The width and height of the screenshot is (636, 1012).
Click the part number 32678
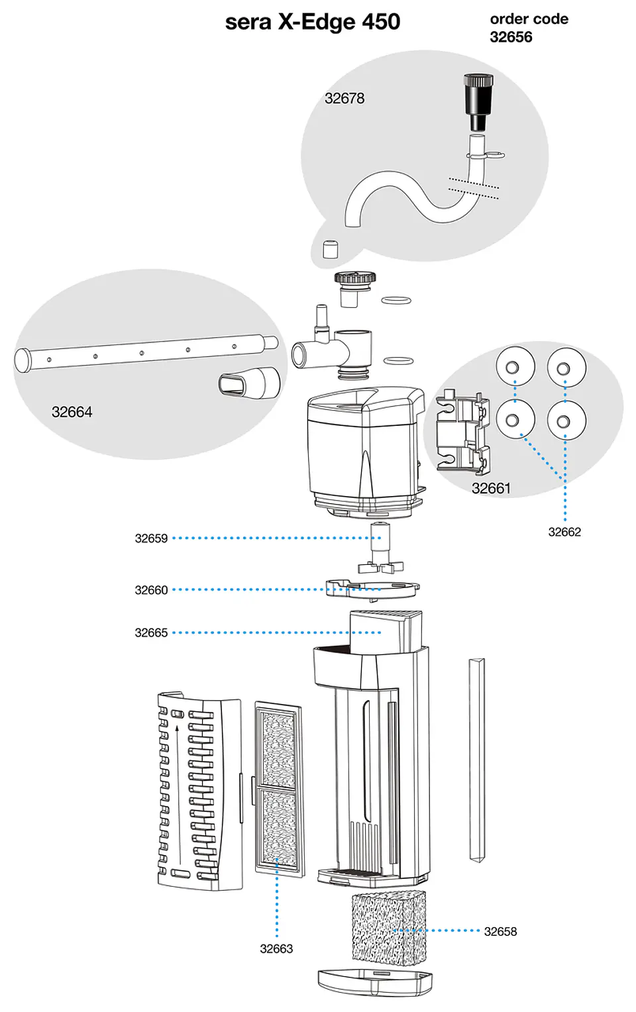pos(344,99)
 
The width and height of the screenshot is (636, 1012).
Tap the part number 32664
pos(72,412)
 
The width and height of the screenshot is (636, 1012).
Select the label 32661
pos(492,488)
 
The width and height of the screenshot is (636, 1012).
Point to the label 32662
pos(564,532)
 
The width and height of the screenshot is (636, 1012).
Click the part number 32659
pos(152,538)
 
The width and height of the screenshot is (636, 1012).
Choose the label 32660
pos(152,590)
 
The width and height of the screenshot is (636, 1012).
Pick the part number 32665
pos(152,633)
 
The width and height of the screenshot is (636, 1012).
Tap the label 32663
pos(277,948)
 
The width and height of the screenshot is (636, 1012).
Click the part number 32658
pos(500,932)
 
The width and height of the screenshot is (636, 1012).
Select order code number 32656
pos(511,37)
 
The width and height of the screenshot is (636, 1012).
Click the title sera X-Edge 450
pos(313,22)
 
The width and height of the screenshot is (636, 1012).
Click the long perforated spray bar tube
pos(146,352)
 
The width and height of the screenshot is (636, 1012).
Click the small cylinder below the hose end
pos(331,249)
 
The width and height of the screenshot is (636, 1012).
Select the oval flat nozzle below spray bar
pos(249,383)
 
